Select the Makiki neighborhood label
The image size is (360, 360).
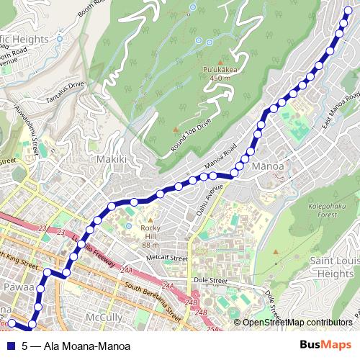click(112, 159)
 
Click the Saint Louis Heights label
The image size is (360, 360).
click(330, 266)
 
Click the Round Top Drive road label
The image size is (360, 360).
click(192, 135)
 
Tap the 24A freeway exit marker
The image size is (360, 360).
click(127, 269)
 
